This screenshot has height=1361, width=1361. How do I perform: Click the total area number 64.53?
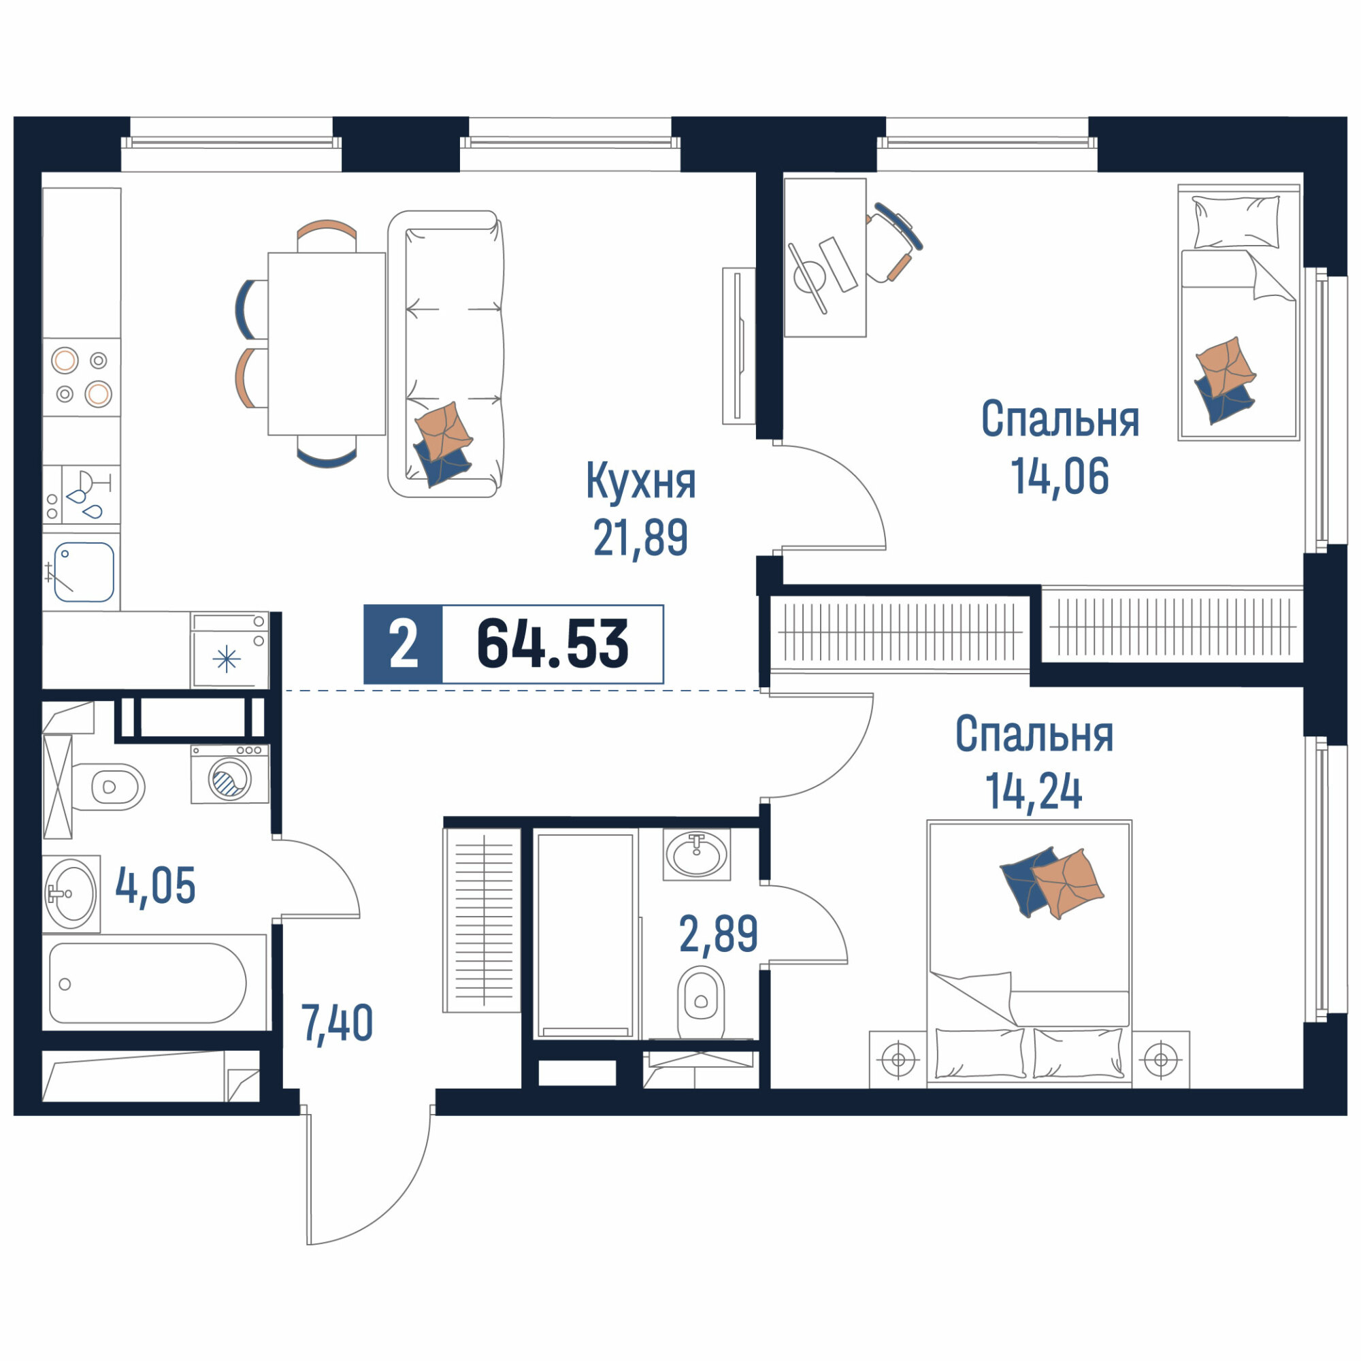(x=553, y=643)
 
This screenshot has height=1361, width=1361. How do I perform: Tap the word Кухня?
(x=641, y=482)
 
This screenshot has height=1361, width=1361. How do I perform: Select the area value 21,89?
(x=640, y=538)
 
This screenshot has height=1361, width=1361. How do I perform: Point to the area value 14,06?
(x=1060, y=476)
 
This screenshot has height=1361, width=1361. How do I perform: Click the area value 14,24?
(x=1034, y=791)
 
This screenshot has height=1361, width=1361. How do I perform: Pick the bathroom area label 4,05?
(x=155, y=886)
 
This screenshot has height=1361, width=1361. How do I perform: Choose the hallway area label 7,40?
(x=337, y=1023)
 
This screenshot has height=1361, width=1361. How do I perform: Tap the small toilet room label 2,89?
(x=719, y=934)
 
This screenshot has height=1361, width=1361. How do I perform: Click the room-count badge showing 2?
(x=404, y=644)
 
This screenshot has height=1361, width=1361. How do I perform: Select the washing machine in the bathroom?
(x=229, y=774)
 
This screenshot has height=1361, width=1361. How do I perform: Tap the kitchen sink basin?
(x=84, y=572)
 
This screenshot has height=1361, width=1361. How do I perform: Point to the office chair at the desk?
(x=893, y=242)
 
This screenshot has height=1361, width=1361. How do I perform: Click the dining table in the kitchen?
(x=327, y=344)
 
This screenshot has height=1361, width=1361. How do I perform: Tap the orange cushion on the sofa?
(x=443, y=431)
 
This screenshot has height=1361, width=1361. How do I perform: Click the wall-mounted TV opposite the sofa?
(x=739, y=346)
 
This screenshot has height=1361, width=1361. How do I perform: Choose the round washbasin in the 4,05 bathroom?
(x=71, y=894)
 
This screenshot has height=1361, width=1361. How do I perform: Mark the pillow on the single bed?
(x=1236, y=221)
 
